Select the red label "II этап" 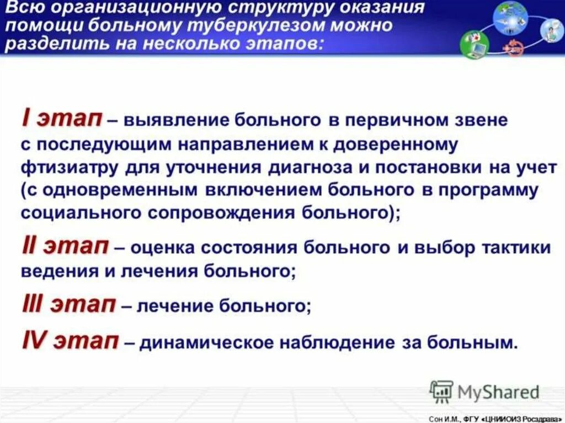(65, 247)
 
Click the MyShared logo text (498, 392)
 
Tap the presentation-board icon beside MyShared (441, 391)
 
